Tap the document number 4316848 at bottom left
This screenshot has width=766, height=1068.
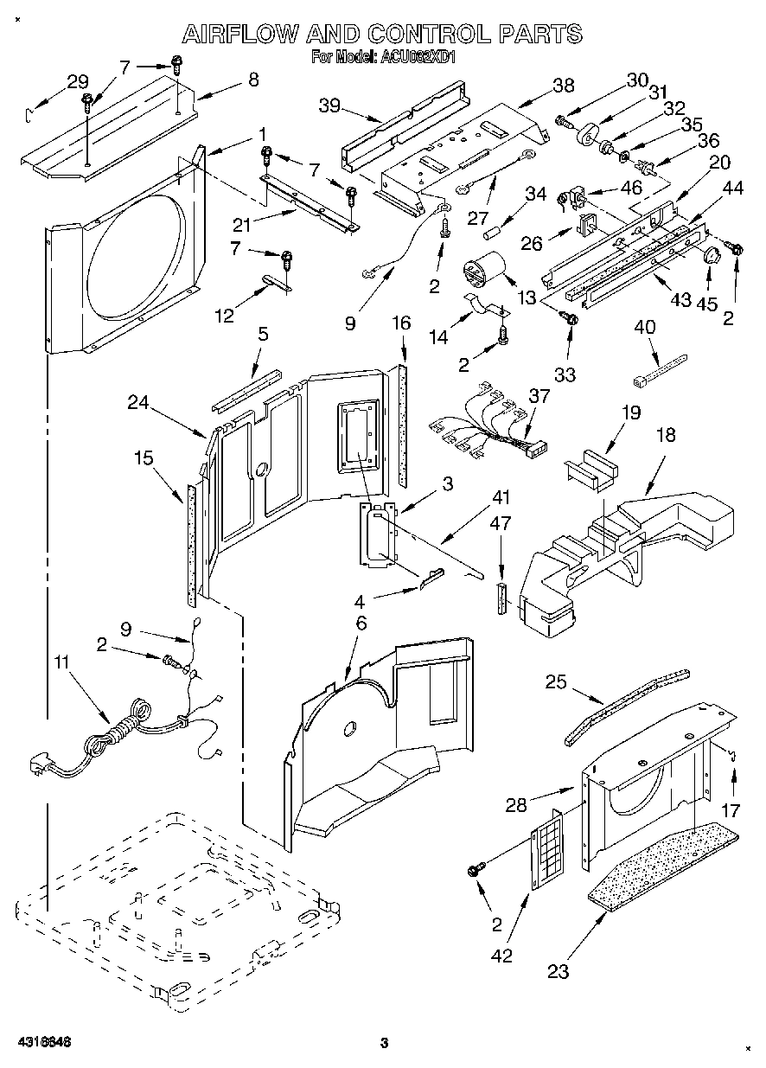[42, 1042]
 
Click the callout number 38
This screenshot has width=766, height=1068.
[563, 86]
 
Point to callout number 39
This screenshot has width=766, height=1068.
[329, 105]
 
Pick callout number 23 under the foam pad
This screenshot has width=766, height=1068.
[559, 971]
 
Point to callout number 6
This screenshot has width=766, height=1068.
[361, 623]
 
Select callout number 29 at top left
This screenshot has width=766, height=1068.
[78, 82]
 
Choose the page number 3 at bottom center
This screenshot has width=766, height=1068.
[386, 1043]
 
